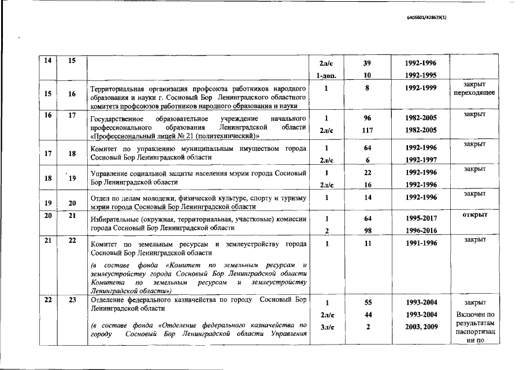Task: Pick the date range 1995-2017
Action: click(421, 219)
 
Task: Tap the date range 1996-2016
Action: click(421, 231)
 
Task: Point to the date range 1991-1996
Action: click(421, 244)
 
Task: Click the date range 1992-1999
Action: click(421, 88)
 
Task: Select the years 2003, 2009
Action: click(421, 327)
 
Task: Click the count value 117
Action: click(367, 130)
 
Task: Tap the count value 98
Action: click(367, 231)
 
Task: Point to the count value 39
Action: click(367, 63)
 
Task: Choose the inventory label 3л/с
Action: click(327, 327)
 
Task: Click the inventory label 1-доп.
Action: click(327, 75)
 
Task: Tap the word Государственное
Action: click(119, 118)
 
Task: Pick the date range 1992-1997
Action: click(421, 159)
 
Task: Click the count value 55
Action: click(367, 302)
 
